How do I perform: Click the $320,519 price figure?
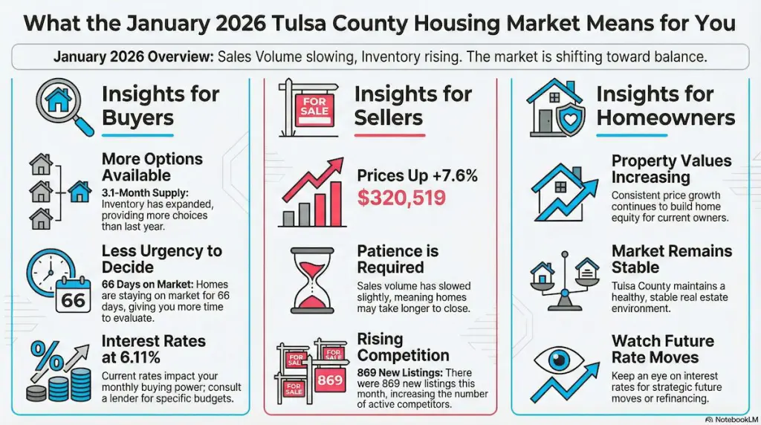tap(401, 198)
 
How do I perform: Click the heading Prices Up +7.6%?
tap(417, 176)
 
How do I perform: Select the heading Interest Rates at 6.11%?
tap(153, 349)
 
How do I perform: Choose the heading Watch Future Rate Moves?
tap(662, 349)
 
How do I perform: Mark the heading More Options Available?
tap(152, 167)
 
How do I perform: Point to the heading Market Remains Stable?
tap(671, 259)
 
